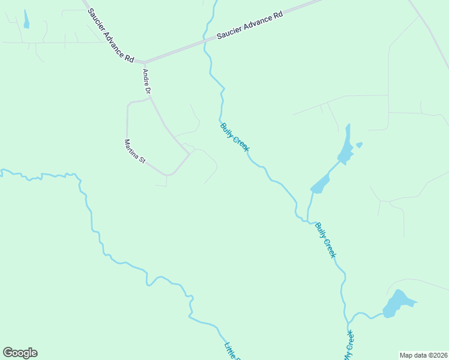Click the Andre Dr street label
click(146, 81)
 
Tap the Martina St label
click(134, 151)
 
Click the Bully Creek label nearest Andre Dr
click(235, 137)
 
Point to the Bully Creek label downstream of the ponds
click(326, 240)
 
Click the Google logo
click(20, 353)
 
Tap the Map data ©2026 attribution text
click(423, 355)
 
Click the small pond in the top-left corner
click(26, 19)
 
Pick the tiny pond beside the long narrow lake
click(359, 145)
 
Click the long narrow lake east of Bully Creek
click(345, 147)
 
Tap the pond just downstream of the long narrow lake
click(320, 184)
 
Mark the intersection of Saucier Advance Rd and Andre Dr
click(144, 62)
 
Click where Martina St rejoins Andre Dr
click(190, 154)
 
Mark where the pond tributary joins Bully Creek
click(308, 221)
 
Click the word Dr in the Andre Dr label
click(148, 90)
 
